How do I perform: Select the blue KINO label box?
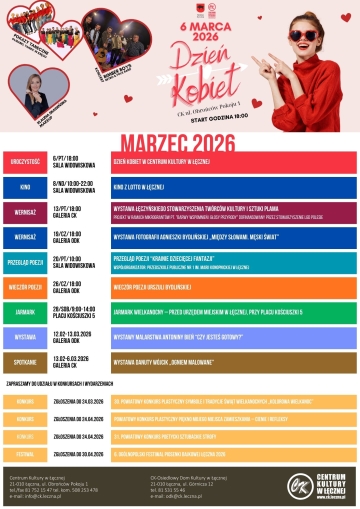(x=25, y=186)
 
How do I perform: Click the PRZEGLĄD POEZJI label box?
(x=25, y=261)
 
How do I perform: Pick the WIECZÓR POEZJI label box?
(x=25, y=286)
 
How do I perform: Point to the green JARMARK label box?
(x=25, y=311)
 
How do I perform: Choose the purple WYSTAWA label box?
(x=25, y=337)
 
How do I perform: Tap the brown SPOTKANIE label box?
(x=25, y=361)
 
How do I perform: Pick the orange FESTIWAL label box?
(x=25, y=451)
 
